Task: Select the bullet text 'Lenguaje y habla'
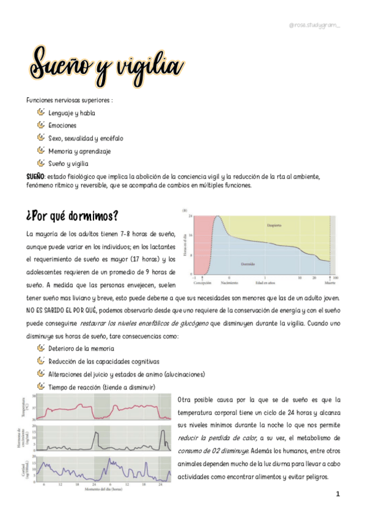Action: (x=71, y=113)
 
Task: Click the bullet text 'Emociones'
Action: (x=62, y=125)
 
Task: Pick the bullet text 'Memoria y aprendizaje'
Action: (x=79, y=151)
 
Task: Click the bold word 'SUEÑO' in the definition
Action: (x=34, y=176)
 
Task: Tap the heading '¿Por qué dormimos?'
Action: (x=72, y=217)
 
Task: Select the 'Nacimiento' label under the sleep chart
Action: (x=229, y=283)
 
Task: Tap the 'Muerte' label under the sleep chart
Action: (x=329, y=283)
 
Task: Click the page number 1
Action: (x=337, y=493)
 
